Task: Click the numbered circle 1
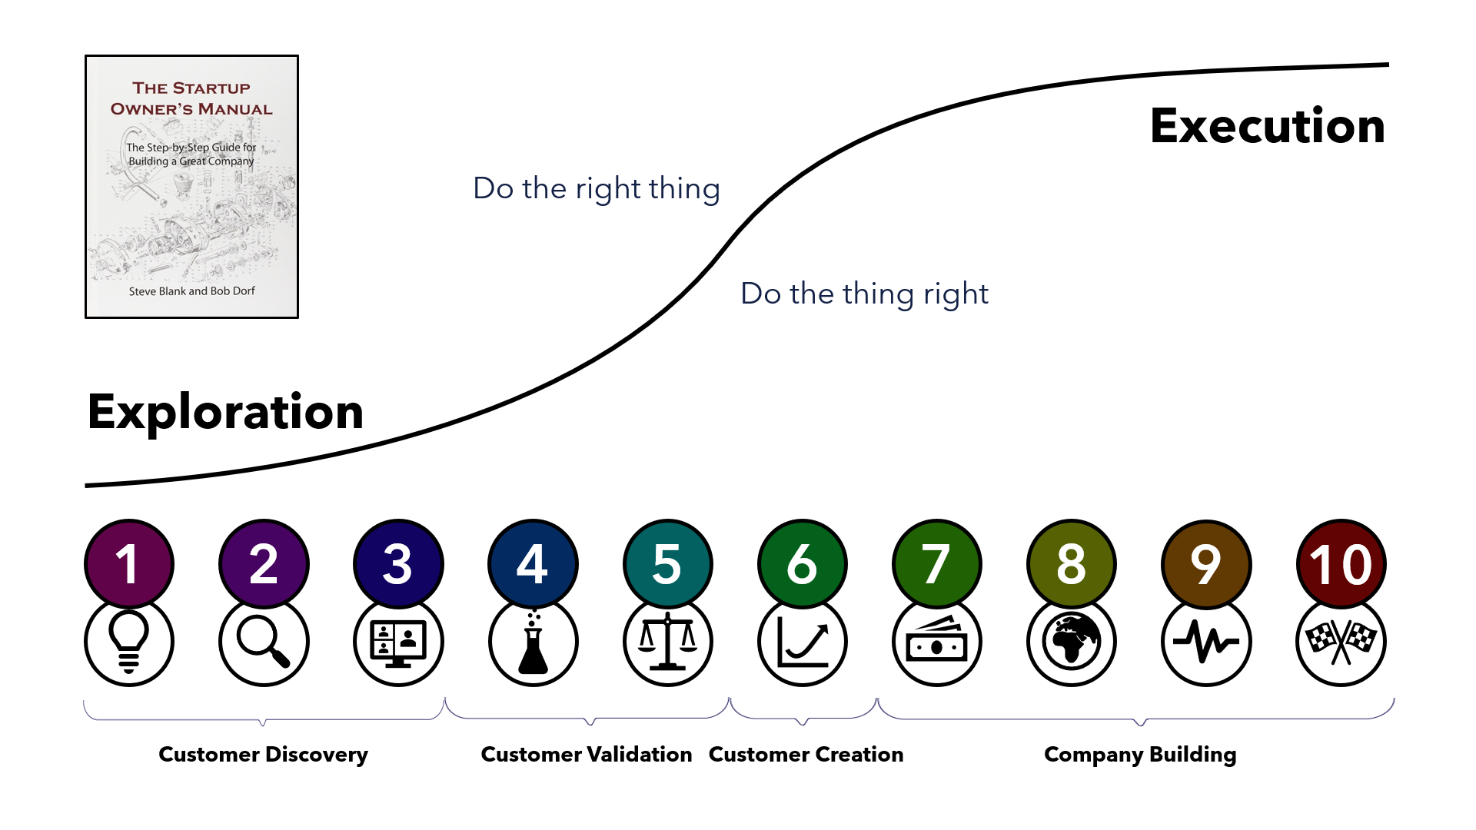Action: (129, 564)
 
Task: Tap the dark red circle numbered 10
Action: (1341, 564)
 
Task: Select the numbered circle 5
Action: (668, 564)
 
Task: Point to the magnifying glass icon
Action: (264, 641)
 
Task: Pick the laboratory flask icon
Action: (533, 642)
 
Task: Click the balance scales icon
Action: (668, 642)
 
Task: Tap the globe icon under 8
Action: (1072, 641)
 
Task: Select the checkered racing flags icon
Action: (1341, 642)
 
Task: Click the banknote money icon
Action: (937, 639)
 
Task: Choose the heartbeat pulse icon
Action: (1206, 641)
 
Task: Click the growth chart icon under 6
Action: (803, 641)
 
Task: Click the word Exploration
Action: (225, 412)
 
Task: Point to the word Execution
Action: (1268, 125)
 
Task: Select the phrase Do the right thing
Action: (597, 188)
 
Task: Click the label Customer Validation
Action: (587, 755)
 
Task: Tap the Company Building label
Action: (1140, 755)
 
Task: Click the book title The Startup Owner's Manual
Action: (191, 98)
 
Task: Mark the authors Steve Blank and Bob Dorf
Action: (191, 291)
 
